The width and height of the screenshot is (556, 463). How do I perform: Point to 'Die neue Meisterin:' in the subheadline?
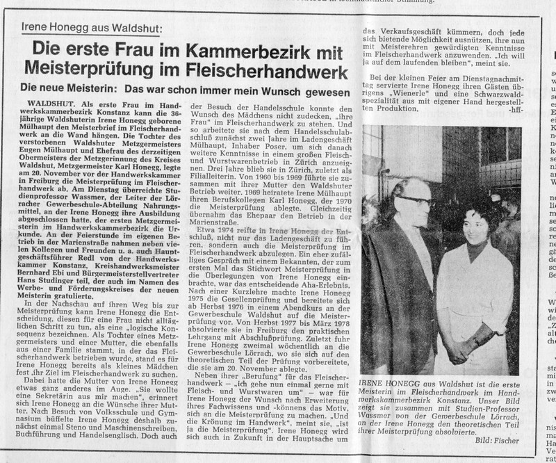coord(78,90)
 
